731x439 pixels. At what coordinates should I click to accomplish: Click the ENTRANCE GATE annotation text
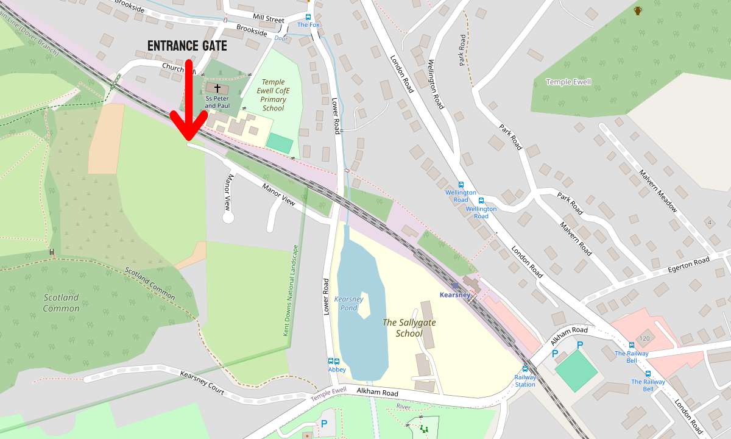point(188,46)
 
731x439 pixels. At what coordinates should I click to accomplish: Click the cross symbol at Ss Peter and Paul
point(217,88)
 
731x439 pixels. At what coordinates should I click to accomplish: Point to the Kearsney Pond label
point(348,303)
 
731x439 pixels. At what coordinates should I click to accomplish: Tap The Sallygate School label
point(409,327)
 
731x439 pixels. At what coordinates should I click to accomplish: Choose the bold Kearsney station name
point(455,295)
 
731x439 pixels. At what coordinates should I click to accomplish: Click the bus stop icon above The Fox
point(308,17)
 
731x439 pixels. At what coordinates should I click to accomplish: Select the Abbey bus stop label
point(337,369)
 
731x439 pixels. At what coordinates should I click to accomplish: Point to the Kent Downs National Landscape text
point(291,291)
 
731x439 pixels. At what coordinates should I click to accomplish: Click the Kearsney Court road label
point(202,382)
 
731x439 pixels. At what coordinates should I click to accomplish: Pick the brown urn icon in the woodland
point(638,10)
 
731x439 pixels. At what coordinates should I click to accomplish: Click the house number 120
point(644,338)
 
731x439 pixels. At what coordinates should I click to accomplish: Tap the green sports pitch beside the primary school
point(280,143)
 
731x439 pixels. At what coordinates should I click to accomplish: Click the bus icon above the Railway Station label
point(525,368)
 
